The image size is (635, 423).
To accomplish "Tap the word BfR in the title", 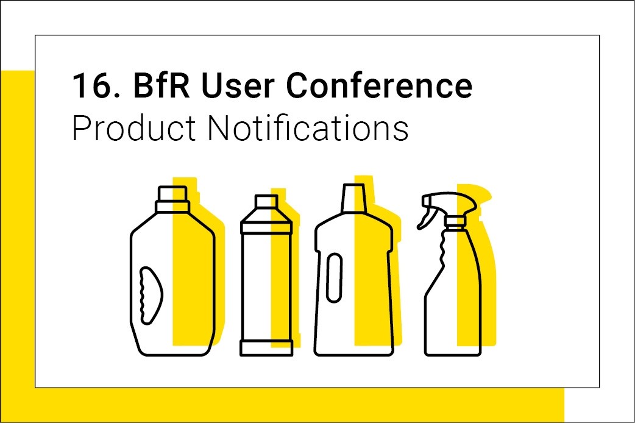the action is click(x=161, y=85).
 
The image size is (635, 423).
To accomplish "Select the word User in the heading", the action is click(x=237, y=85).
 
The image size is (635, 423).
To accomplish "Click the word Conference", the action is click(x=379, y=85).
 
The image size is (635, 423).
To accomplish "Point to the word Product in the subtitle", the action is click(x=134, y=127).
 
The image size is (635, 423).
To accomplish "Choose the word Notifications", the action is click(x=308, y=127).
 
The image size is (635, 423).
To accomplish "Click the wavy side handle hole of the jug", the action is click(x=151, y=296).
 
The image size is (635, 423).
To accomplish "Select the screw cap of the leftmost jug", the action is click(x=172, y=199).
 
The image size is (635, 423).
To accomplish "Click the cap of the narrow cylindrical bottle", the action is click(x=266, y=201).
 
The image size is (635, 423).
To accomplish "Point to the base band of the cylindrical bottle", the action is click(x=266, y=348).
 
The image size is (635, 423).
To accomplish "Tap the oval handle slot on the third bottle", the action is click(x=334, y=277).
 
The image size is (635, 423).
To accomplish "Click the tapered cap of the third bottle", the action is click(x=354, y=197).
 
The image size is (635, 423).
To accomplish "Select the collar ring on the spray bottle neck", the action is click(x=455, y=221).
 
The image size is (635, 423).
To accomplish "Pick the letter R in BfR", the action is click(x=178, y=85).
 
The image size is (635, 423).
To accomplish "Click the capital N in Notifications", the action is click(x=219, y=128).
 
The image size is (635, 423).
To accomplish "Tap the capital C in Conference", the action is click(x=297, y=85).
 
